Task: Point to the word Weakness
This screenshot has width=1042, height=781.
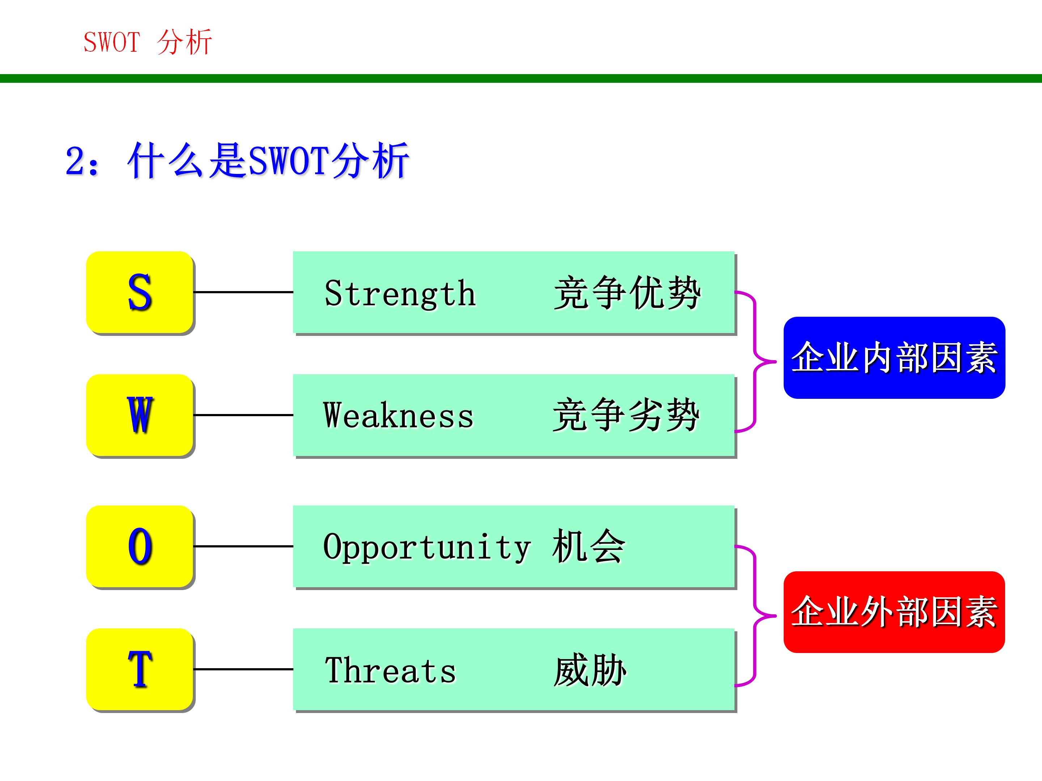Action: click(x=398, y=416)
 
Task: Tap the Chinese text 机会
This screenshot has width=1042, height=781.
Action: click(x=589, y=547)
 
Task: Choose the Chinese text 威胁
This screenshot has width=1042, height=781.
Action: click(x=590, y=670)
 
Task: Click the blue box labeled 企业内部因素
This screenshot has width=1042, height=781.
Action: click(x=894, y=358)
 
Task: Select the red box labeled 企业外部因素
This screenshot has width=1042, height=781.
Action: click(x=894, y=612)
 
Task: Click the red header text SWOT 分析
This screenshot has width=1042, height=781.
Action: click(x=148, y=42)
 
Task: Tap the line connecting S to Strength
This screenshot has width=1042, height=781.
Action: click(x=243, y=293)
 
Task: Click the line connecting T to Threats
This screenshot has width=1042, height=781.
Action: click(x=243, y=669)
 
